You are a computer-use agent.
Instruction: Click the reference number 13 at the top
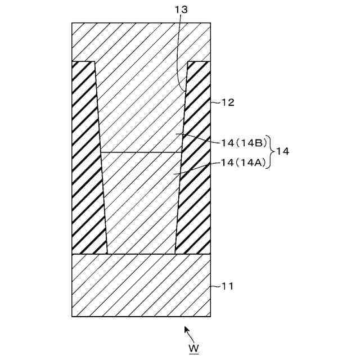click(182, 10)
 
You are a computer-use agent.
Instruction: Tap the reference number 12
click(227, 102)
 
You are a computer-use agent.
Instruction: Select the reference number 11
click(227, 286)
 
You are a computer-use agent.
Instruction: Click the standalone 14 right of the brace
click(283, 152)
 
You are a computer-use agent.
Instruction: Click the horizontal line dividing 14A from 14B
click(141, 152)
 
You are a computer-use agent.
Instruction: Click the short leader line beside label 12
click(216, 103)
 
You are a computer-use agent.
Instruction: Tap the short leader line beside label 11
click(216, 286)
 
